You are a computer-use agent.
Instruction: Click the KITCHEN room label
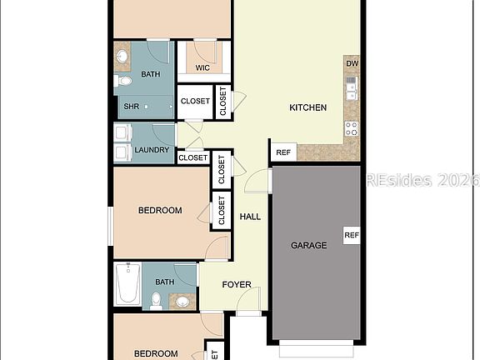307,107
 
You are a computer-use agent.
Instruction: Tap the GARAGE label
308,245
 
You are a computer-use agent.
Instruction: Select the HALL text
250,217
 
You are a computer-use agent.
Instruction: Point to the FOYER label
237,284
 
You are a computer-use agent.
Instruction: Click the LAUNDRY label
152,151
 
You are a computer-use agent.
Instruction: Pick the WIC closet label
202,68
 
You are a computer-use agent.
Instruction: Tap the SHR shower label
132,107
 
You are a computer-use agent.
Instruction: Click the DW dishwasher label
352,63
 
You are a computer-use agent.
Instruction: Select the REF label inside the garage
351,235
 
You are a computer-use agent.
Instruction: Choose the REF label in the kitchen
283,152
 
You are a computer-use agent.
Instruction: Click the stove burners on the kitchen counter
352,128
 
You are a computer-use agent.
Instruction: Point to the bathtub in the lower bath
126,285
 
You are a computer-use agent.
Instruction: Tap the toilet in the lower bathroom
156,299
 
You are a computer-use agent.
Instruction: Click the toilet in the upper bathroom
123,82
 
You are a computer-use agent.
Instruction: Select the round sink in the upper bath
122,57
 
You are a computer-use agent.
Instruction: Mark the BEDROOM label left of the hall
159,211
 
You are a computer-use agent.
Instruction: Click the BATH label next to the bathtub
164,282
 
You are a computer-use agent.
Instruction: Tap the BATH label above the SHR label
151,74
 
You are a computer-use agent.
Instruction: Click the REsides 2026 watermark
423,180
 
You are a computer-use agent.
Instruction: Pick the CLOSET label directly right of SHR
195,102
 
